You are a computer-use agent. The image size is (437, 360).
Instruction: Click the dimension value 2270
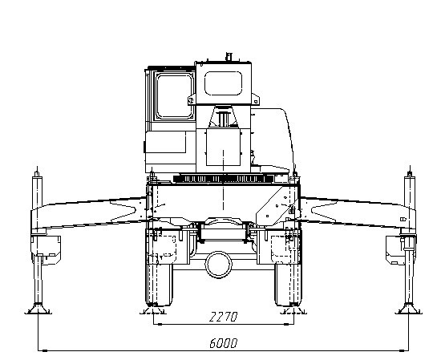(x=223, y=317)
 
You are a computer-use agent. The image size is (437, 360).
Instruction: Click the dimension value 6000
(x=223, y=343)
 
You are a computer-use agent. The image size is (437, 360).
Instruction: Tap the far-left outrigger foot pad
(x=38, y=309)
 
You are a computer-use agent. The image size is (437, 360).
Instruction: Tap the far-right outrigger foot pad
(x=409, y=309)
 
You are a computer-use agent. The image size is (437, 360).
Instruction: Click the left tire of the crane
(x=159, y=284)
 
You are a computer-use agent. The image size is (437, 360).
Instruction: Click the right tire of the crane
(x=288, y=284)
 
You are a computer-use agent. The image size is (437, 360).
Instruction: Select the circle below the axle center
(x=218, y=265)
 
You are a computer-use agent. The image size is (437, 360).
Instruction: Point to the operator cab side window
(x=175, y=96)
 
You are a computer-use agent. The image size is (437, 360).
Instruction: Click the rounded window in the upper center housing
(x=223, y=83)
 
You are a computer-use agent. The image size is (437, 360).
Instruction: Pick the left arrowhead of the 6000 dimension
(x=45, y=350)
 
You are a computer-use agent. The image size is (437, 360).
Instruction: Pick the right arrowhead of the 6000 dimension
(x=402, y=350)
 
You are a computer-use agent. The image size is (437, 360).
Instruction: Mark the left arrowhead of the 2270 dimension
(x=160, y=325)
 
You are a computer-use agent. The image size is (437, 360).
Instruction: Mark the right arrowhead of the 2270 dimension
(x=286, y=325)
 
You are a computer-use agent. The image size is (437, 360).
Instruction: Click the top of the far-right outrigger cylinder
(x=410, y=173)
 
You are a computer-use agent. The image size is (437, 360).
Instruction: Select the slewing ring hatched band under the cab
(x=223, y=179)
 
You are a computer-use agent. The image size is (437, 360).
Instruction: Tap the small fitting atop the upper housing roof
(x=229, y=56)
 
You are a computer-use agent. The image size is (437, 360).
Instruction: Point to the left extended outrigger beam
(x=89, y=213)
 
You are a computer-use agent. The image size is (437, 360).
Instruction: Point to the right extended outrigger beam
(x=358, y=213)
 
